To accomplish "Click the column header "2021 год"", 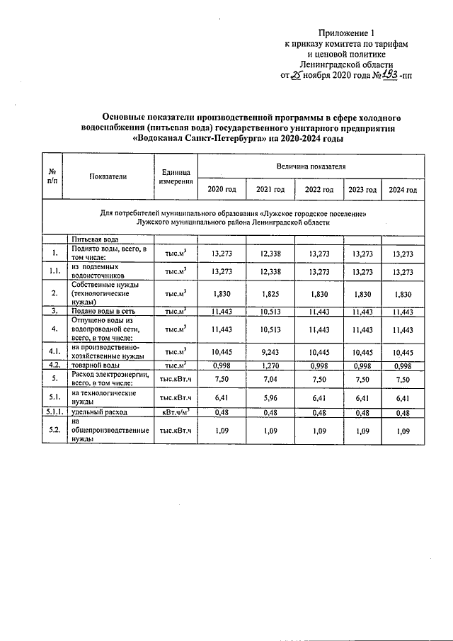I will (270, 190).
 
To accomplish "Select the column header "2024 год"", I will (402, 190).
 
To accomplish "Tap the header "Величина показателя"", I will (311, 165).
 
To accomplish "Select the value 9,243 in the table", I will (270, 353).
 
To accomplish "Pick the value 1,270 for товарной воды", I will (270, 365).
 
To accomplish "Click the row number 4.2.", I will (53, 365).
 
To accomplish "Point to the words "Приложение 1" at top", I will (345, 33).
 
